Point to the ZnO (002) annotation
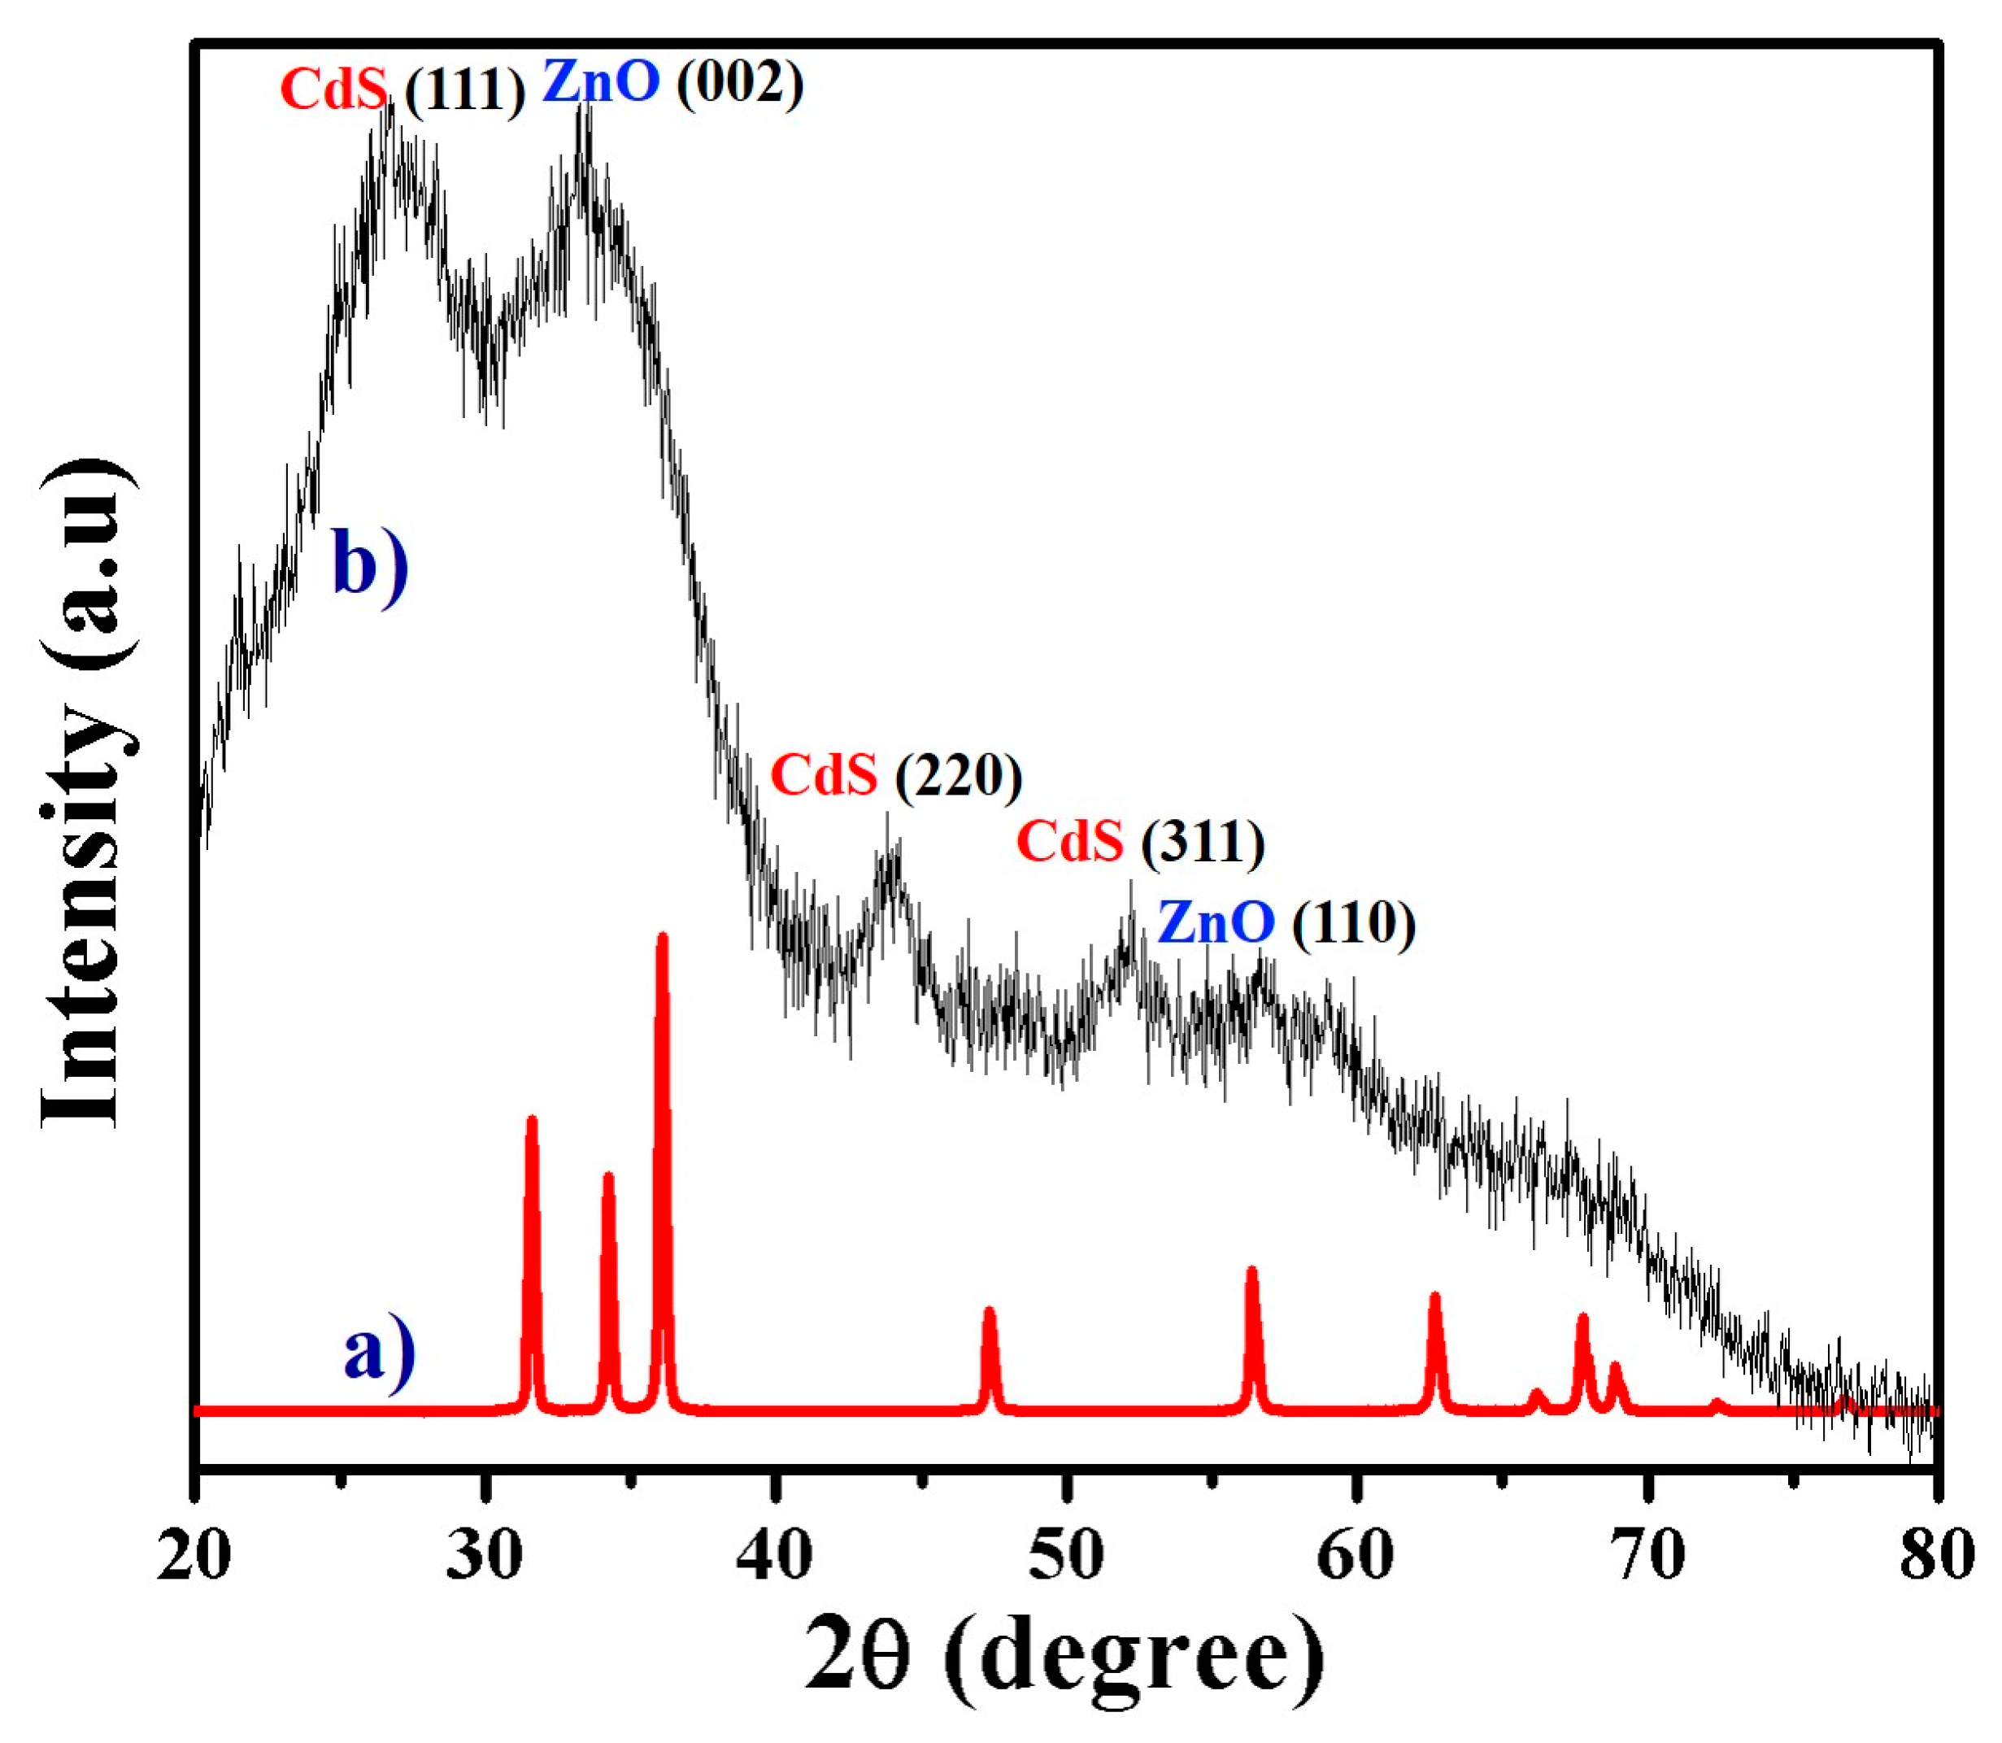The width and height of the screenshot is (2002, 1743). tap(672, 81)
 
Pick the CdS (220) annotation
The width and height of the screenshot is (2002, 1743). tap(895, 776)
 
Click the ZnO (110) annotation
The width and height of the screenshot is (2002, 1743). tap(1286, 922)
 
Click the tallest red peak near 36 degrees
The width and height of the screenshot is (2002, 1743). tap(663, 939)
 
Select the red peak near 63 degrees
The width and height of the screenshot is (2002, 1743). tap(1434, 1298)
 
